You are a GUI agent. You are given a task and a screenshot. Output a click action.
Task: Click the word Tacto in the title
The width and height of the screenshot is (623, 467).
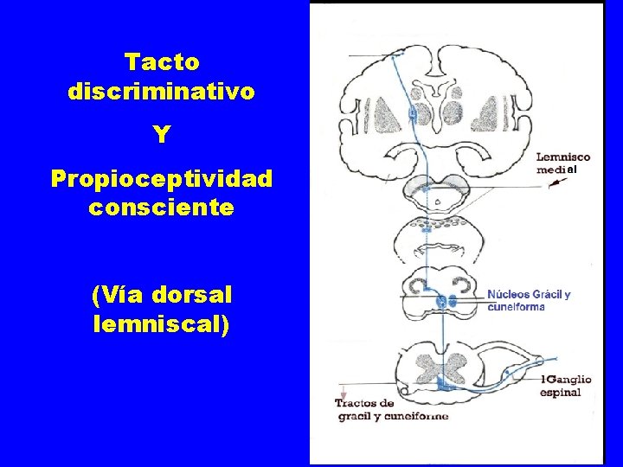coord(162,62)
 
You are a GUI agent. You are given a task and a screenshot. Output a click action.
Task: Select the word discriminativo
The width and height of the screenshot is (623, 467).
coord(162,91)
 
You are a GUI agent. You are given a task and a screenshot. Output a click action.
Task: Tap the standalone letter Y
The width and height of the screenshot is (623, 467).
coord(162,135)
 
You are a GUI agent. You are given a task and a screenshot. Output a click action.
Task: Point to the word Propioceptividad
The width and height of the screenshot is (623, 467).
coord(162,179)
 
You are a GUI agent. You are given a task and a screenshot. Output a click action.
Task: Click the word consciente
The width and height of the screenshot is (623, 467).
coord(162,208)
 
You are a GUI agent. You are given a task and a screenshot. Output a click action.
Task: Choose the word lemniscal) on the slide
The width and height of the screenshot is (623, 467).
coord(162,324)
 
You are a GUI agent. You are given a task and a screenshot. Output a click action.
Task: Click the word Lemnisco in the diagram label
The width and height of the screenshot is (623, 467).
coord(562,157)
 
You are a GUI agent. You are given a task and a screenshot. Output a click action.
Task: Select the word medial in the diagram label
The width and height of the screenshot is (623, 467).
coord(557,170)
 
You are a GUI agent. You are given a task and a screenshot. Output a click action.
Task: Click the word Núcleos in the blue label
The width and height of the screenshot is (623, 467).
coord(509,295)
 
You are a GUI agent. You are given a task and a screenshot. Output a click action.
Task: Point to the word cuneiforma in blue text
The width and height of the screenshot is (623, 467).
coord(517,307)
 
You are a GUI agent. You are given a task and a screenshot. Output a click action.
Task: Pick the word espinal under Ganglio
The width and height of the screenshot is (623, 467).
coord(561,392)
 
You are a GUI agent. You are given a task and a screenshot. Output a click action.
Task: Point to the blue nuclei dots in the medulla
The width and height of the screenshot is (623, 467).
coord(446,301)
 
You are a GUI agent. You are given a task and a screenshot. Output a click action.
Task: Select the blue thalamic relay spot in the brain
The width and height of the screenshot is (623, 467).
coord(412,113)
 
